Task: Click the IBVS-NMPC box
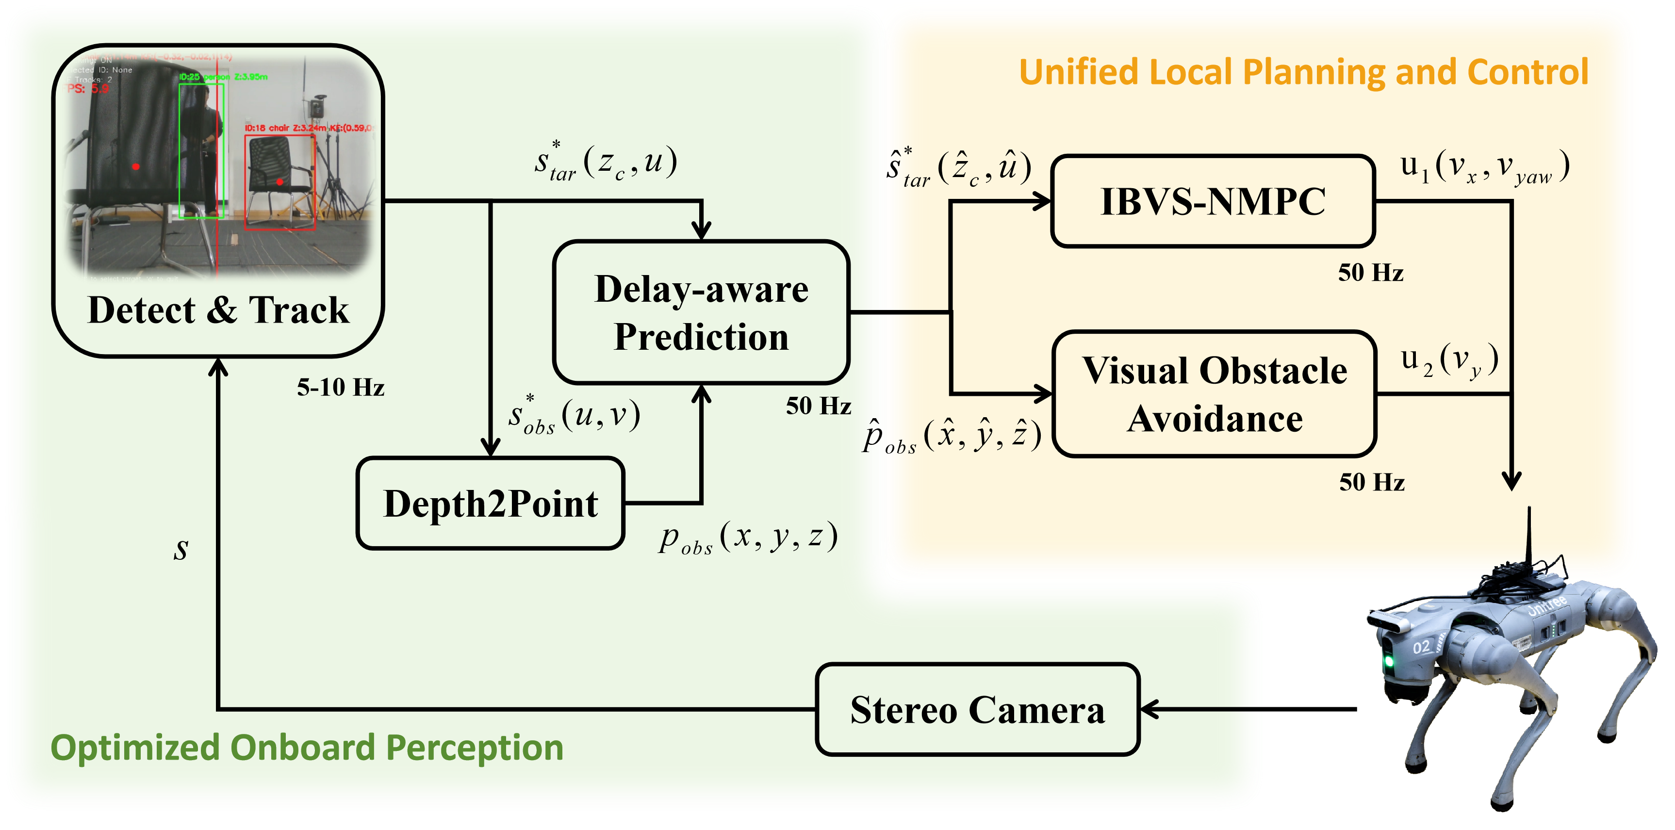pyautogui.click(x=1213, y=201)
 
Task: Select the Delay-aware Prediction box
pyautogui.click(x=701, y=312)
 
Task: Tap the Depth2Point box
pyautogui.click(x=490, y=504)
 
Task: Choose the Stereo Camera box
pyautogui.click(x=977, y=709)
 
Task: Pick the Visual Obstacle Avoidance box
pyautogui.click(x=1214, y=394)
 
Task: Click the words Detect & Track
pyautogui.click(x=218, y=310)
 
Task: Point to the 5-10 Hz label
pyautogui.click(x=341, y=388)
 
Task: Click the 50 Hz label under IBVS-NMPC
pyautogui.click(x=1371, y=272)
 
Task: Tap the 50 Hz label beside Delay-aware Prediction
pyautogui.click(x=818, y=406)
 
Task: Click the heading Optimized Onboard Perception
pyautogui.click(x=307, y=748)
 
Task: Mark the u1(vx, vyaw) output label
pyautogui.click(x=1484, y=168)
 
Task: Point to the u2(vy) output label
pyautogui.click(x=1449, y=359)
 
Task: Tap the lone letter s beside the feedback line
pyautogui.click(x=181, y=550)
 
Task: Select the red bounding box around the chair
pyautogui.click(x=279, y=182)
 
